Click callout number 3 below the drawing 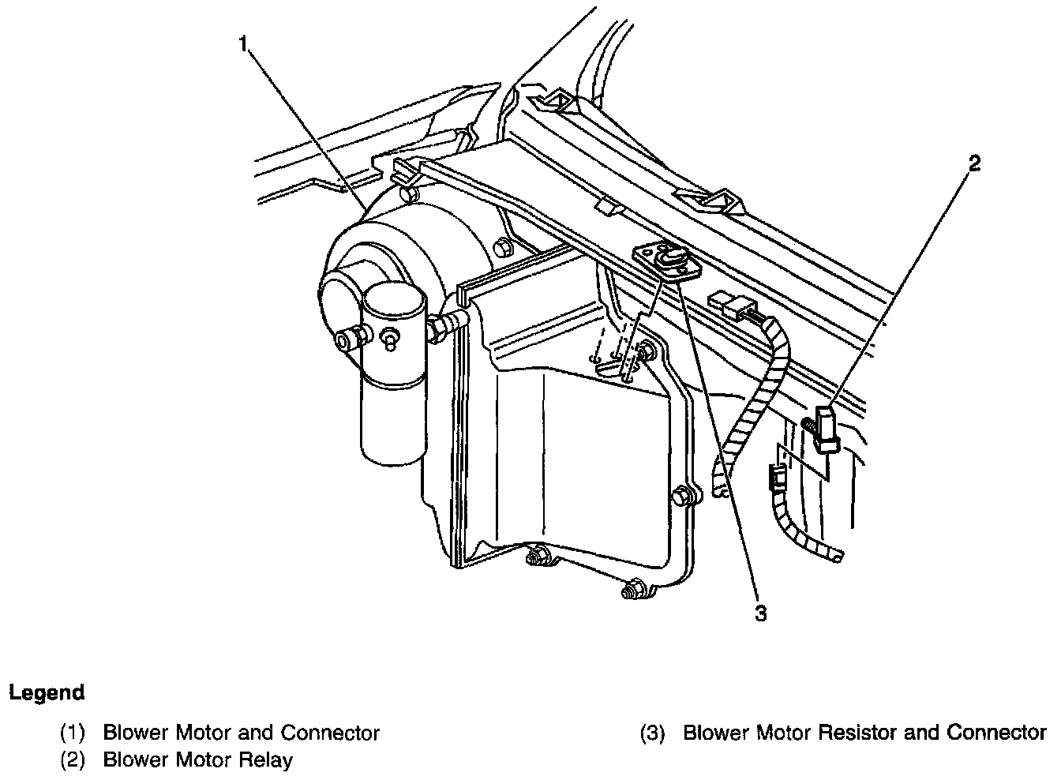[760, 613]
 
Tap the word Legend [47, 693]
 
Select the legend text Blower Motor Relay [197, 760]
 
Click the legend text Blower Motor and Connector [241, 733]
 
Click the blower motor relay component [826, 430]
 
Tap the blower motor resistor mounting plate [665, 259]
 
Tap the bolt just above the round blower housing [407, 193]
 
